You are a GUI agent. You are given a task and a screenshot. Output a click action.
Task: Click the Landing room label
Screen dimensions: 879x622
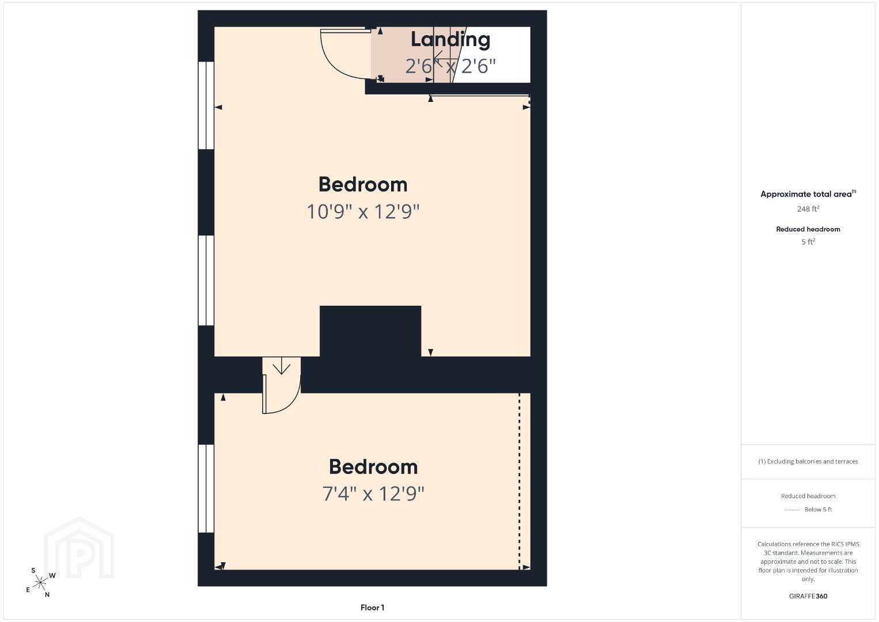coord(450,40)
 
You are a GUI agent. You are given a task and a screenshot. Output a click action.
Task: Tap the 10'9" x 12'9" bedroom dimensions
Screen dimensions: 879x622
coord(363,211)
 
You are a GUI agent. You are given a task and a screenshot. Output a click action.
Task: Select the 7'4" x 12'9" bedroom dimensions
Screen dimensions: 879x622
coord(373,494)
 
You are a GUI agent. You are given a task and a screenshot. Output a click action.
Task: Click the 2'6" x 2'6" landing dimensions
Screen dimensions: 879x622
coord(450,66)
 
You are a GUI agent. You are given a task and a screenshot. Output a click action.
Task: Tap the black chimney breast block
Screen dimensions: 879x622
coord(370,331)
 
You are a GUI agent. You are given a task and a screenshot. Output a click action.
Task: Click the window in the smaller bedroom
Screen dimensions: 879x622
coord(206,488)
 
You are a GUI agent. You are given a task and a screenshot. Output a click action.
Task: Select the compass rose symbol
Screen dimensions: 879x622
coord(40,582)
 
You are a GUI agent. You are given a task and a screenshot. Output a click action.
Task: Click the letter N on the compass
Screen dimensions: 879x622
coord(47,594)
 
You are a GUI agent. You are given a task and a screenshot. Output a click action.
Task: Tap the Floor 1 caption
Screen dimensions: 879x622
coord(372,608)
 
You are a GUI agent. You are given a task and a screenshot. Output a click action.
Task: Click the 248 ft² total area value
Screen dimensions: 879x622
coord(808,208)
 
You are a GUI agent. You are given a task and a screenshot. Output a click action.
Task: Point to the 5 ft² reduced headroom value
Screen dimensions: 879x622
coord(808,242)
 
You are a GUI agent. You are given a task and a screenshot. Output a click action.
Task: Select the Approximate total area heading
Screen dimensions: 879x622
coord(808,194)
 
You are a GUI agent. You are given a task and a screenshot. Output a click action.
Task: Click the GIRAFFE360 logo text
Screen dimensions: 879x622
coord(808,596)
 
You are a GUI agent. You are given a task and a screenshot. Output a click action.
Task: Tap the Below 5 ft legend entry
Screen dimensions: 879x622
coord(818,509)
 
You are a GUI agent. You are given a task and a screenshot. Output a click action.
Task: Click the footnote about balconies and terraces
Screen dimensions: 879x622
coord(808,461)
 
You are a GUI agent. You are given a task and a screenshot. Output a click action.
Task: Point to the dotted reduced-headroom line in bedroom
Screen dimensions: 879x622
coord(520,481)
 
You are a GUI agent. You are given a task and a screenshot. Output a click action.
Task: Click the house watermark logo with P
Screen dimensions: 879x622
coord(79,548)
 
